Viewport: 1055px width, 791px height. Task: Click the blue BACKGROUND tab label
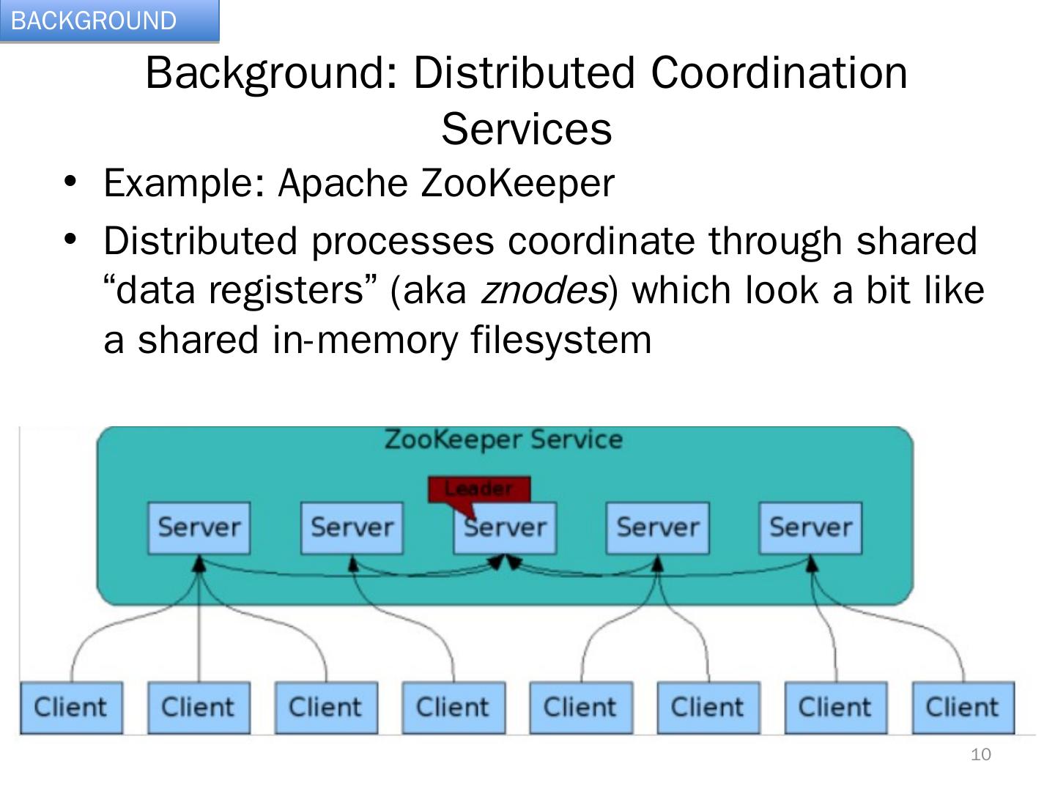pyautogui.click(x=95, y=21)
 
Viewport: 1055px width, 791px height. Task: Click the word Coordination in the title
pyautogui.click(x=779, y=73)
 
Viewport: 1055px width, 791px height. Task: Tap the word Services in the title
pyautogui.click(x=526, y=129)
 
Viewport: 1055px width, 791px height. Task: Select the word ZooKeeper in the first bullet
pyautogui.click(x=517, y=183)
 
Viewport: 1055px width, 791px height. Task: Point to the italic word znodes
pyautogui.click(x=543, y=291)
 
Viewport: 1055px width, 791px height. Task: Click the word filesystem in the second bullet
pyautogui.click(x=560, y=340)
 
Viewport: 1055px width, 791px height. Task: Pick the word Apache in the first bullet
pyautogui.click(x=342, y=183)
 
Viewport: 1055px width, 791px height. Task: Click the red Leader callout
pyautogui.click(x=479, y=489)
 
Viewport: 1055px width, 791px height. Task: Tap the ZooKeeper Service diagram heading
pyautogui.click(x=503, y=439)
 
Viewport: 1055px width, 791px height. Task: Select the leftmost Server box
pyautogui.click(x=199, y=527)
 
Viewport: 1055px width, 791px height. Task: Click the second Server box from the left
pyautogui.click(x=352, y=527)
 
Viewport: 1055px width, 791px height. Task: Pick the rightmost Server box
pyautogui.click(x=810, y=527)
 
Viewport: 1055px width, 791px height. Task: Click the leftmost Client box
pyautogui.click(x=71, y=708)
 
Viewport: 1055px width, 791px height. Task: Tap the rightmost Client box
pyautogui.click(x=963, y=708)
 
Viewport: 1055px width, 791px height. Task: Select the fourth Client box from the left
pyautogui.click(x=454, y=708)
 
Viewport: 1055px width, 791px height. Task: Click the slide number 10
pyautogui.click(x=980, y=754)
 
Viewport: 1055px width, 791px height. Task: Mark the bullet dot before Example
pyautogui.click(x=70, y=180)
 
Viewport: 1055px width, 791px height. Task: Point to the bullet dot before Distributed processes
pyautogui.click(x=70, y=239)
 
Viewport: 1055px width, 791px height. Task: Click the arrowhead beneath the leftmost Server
pyautogui.click(x=199, y=562)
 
